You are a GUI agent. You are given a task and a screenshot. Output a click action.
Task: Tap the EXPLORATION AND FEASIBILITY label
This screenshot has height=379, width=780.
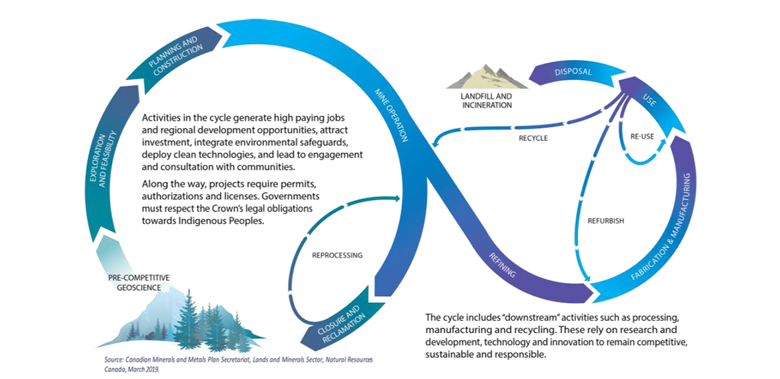tap(102, 159)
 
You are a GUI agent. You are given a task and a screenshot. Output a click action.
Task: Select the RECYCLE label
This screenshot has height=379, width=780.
tap(533, 138)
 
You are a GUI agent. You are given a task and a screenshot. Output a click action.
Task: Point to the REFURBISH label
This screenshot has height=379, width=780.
tap(606, 221)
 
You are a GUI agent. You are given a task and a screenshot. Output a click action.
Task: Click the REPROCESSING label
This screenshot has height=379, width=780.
tap(337, 255)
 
